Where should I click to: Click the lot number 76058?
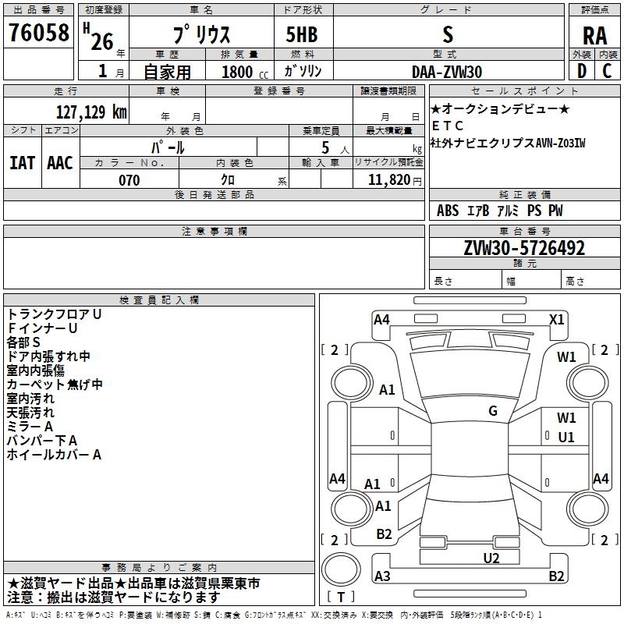(38, 34)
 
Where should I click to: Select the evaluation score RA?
(594, 35)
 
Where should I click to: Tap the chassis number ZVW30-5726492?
(523, 249)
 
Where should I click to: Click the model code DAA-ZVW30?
(447, 71)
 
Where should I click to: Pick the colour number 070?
(129, 180)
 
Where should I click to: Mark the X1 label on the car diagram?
(557, 319)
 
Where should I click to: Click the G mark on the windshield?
(493, 411)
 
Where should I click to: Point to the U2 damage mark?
(491, 558)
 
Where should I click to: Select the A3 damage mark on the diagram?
(382, 576)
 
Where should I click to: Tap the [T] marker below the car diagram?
(341, 597)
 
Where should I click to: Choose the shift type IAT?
(22, 163)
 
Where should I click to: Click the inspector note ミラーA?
(30, 426)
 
